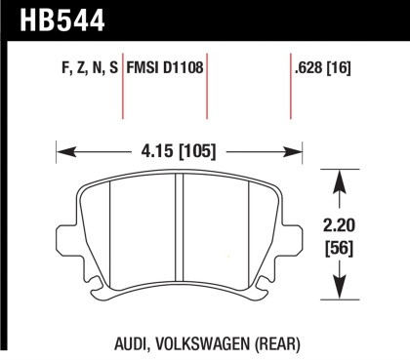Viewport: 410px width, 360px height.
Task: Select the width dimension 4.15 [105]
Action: [x=175, y=151]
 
